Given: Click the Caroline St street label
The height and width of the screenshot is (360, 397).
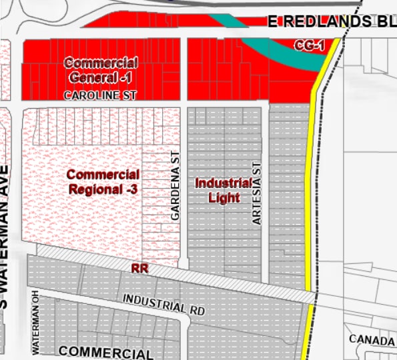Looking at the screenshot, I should (x=100, y=96).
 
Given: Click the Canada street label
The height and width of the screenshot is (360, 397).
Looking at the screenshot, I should (x=371, y=339).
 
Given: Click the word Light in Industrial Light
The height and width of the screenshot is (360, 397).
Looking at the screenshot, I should (x=223, y=197).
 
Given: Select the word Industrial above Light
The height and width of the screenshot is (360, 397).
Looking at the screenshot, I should (x=223, y=183).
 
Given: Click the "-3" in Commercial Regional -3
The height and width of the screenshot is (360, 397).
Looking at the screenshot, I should (x=129, y=189).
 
